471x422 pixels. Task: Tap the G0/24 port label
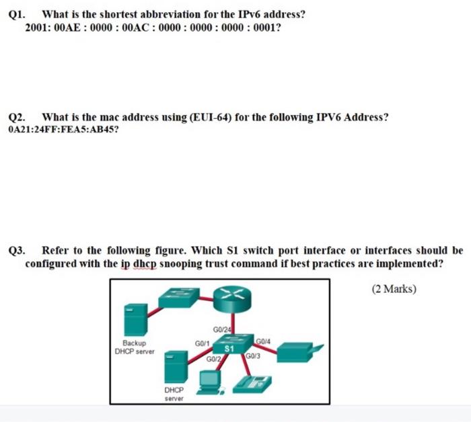click(221, 329)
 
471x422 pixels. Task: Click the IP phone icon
click(252, 384)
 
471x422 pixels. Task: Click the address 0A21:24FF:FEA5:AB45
click(61, 129)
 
